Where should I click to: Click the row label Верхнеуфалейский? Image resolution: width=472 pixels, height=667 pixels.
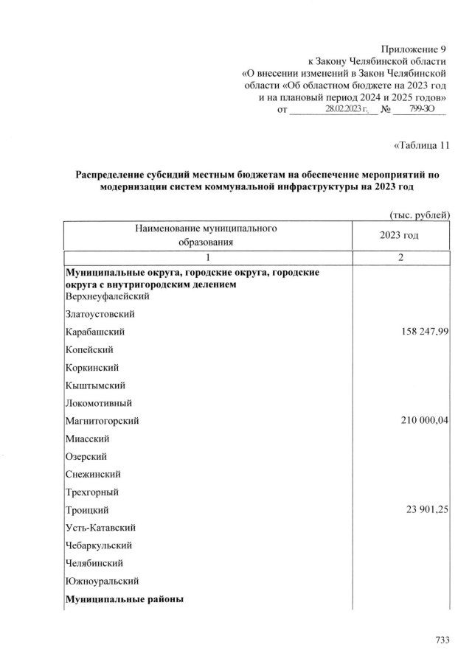(x=108, y=296)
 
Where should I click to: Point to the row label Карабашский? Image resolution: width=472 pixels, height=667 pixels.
(x=94, y=332)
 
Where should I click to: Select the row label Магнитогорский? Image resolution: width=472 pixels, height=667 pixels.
(x=103, y=421)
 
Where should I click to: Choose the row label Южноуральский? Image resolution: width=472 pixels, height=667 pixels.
(x=102, y=581)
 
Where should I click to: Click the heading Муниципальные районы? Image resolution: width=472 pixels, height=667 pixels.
(x=126, y=599)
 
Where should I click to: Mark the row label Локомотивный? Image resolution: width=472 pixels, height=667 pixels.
(x=100, y=403)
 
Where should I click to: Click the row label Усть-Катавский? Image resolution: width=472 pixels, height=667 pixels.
(x=100, y=528)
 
